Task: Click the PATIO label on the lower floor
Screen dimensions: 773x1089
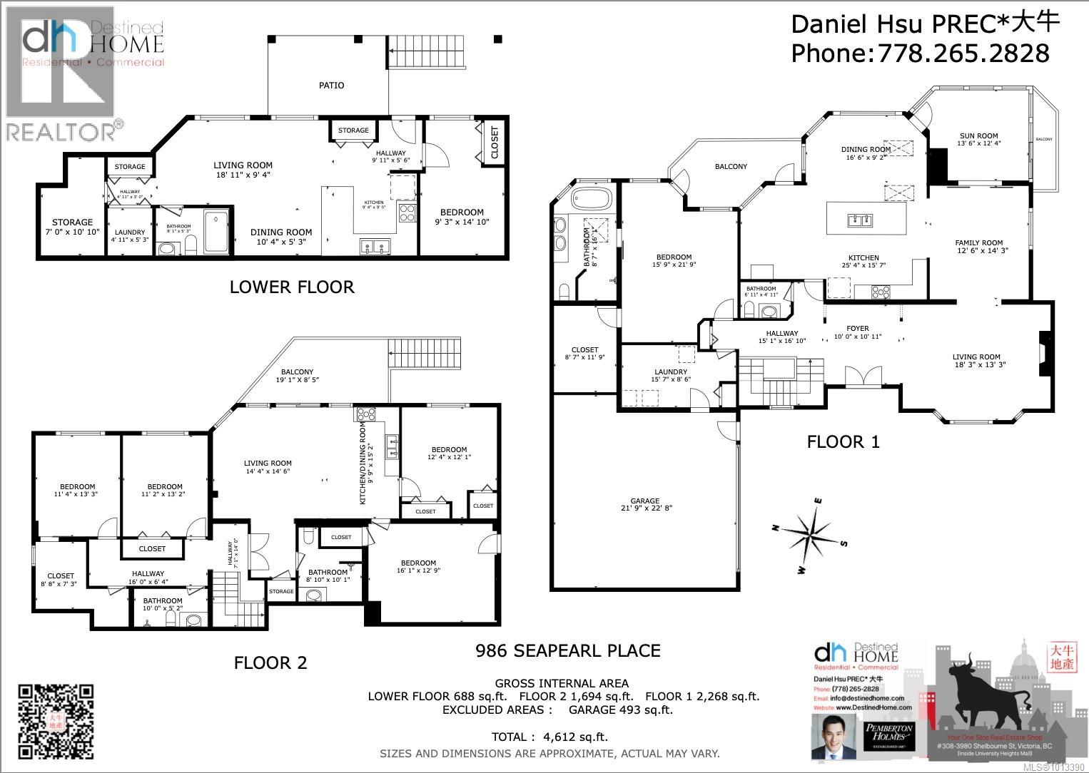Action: tap(331, 86)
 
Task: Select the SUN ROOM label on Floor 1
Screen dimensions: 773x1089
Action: tap(978, 136)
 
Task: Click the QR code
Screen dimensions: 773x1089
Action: tap(56, 721)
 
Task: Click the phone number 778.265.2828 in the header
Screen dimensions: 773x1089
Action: tap(964, 53)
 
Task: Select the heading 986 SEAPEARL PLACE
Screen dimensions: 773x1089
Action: tap(567, 650)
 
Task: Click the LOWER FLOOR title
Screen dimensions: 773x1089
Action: tap(292, 287)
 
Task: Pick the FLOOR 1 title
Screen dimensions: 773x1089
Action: tap(843, 442)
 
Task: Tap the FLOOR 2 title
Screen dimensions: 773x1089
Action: tap(270, 663)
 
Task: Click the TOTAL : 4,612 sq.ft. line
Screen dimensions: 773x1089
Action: tap(549, 737)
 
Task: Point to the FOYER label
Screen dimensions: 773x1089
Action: tap(857, 329)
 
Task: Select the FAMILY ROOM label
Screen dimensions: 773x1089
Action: tap(979, 243)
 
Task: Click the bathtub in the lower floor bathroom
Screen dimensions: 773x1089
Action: tap(216, 232)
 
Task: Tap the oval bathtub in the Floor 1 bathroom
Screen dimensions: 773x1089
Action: tap(592, 198)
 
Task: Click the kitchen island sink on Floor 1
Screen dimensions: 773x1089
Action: tap(859, 220)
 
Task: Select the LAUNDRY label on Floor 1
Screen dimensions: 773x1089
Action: tap(671, 372)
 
